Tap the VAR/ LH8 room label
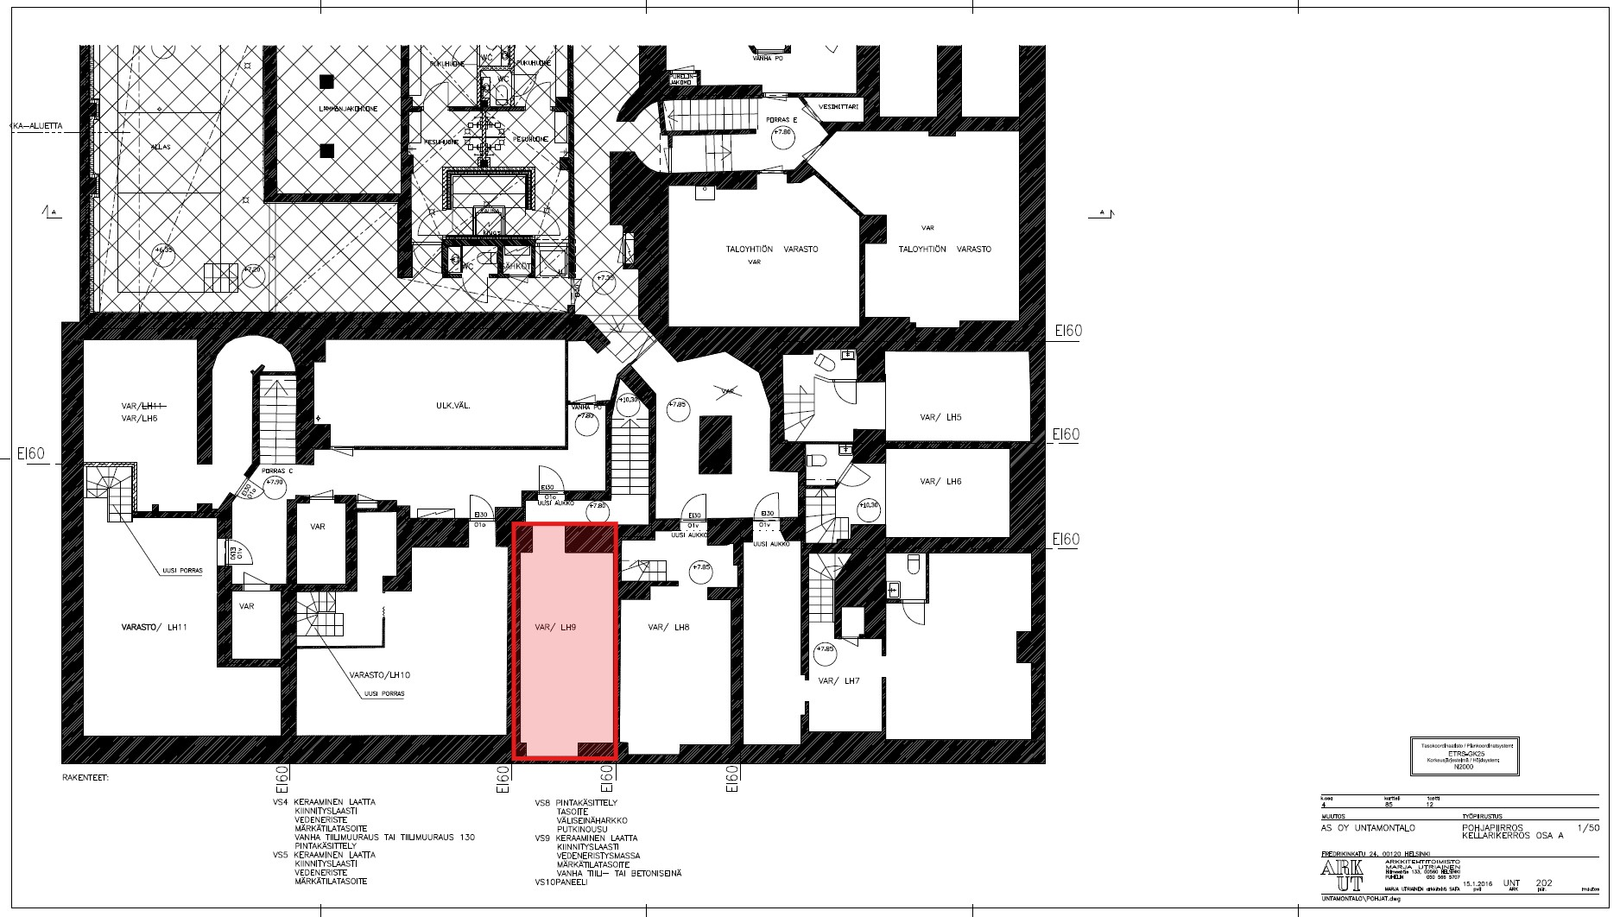tap(668, 628)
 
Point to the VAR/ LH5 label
tap(940, 418)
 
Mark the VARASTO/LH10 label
tap(379, 675)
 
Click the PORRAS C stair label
tap(278, 471)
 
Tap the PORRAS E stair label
tap(782, 120)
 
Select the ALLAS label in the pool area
tap(161, 148)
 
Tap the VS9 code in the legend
tap(542, 838)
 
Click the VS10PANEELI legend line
tap(560, 882)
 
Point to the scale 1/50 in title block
tap(1588, 828)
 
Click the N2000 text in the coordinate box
tap(1463, 767)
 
